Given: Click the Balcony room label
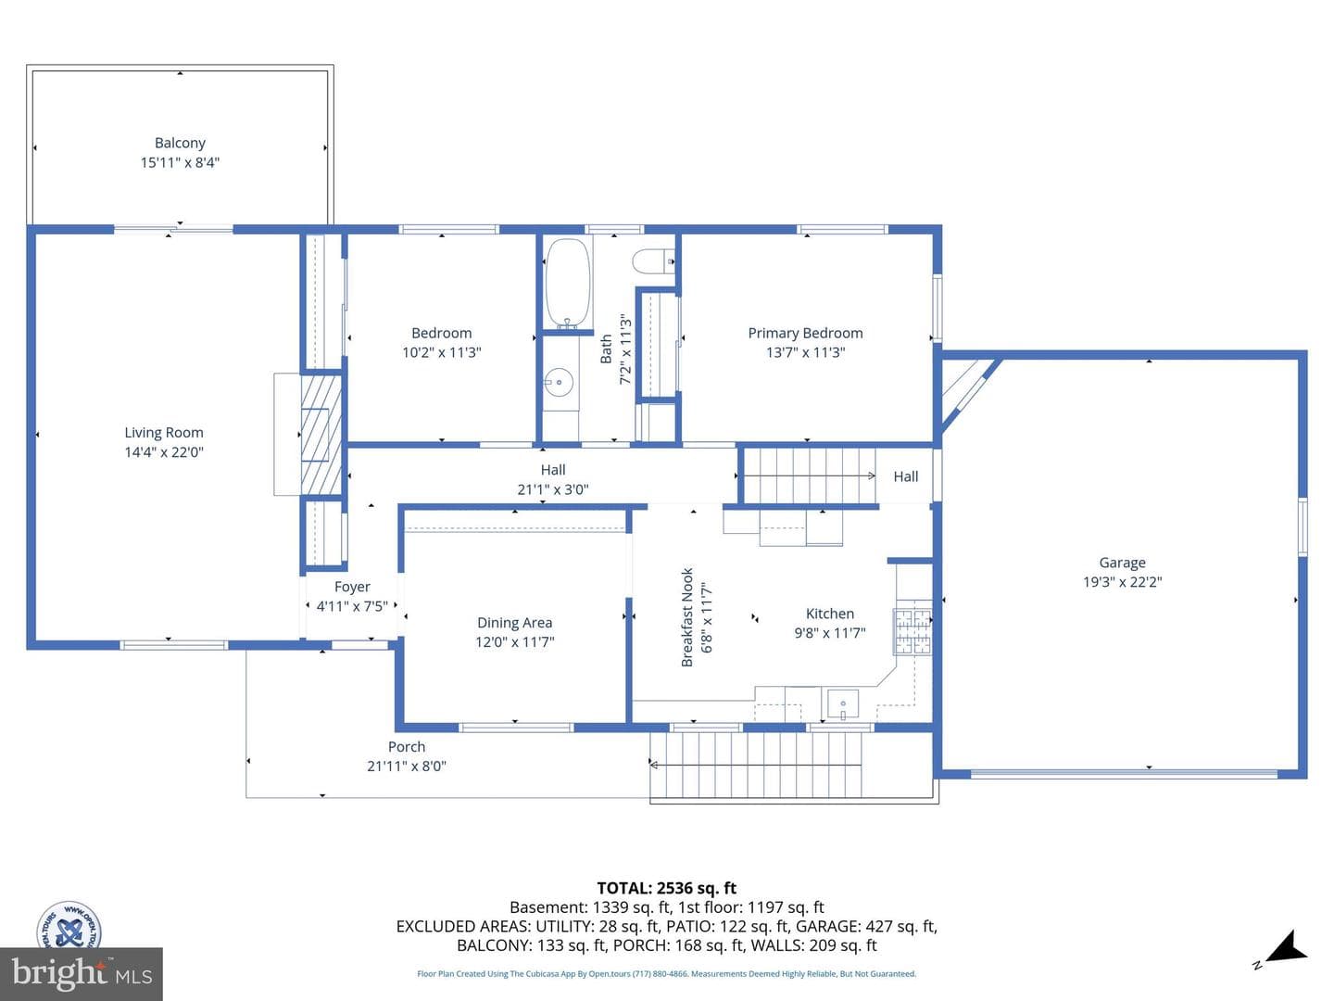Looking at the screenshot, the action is click(180, 143).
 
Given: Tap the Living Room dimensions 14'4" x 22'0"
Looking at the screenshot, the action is click(164, 452).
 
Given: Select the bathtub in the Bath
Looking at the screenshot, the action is click(568, 284).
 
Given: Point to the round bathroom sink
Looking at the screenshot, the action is click(559, 383).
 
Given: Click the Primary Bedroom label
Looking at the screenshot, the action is click(805, 333).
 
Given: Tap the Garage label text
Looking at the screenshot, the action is click(1122, 563).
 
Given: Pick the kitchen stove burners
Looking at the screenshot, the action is click(912, 631).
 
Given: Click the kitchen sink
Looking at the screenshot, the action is click(843, 703).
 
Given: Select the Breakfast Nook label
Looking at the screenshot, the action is click(687, 617).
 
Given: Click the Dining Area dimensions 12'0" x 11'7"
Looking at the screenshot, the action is click(515, 641).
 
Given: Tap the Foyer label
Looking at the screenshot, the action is click(352, 587).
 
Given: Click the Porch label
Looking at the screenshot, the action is click(407, 747).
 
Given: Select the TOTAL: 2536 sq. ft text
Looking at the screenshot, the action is click(667, 889).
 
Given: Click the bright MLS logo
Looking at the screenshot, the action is click(82, 973).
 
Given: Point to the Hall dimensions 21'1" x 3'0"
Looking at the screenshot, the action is click(553, 489).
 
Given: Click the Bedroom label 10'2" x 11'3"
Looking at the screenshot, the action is click(442, 343).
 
